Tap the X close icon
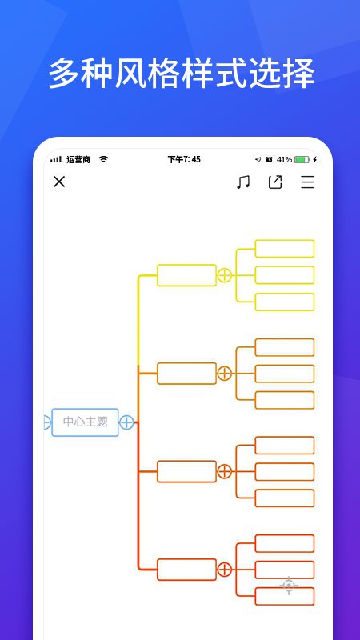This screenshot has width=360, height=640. [x=59, y=182]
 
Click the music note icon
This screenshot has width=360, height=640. [x=243, y=182]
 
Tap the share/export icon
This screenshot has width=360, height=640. [x=275, y=182]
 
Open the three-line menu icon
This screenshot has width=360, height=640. [x=307, y=182]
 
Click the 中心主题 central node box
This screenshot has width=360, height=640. [x=86, y=422]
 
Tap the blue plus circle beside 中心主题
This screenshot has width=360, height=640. [x=127, y=422]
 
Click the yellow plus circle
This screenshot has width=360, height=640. [x=224, y=275]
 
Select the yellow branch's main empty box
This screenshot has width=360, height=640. [x=187, y=275]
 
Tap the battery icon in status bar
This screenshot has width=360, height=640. [x=302, y=159]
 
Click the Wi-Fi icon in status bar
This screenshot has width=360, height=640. [x=104, y=159]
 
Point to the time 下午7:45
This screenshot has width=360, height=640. [x=184, y=159]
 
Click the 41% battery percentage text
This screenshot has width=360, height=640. [x=285, y=159]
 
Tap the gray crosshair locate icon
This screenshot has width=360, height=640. [x=289, y=586]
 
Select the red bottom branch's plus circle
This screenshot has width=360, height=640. [x=224, y=569]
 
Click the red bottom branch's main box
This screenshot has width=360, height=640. [x=187, y=570]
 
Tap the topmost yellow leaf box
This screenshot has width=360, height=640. [x=285, y=249]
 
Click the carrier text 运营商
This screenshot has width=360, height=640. [x=78, y=159]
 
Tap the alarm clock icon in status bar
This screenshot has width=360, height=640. [x=269, y=159]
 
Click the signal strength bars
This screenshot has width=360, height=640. [x=56, y=159]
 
